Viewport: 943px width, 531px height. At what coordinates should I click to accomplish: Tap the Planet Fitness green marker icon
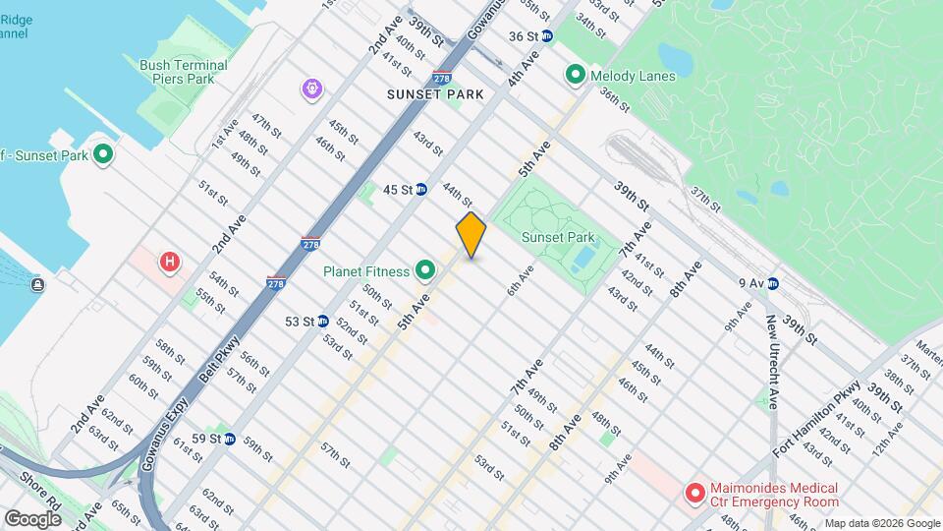click(x=425, y=269)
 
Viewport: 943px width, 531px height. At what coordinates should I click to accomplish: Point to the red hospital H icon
click(x=171, y=262)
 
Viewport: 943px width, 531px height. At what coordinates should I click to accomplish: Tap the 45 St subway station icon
click(x=420, y=189)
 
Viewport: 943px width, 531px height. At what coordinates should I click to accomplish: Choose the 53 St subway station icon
click(x=322, y=321)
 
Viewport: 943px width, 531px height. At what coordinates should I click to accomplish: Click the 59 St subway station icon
click(x=229, y=439)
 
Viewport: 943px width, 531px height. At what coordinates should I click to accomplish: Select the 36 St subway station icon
click(x=547, y=36)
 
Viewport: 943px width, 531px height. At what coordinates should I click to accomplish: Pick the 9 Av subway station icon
click(x=772, y=284)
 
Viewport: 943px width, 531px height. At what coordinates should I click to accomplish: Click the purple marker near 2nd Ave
click(x=312, y=89)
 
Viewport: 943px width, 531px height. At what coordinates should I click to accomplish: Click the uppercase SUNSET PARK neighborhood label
click(x=435, y=94)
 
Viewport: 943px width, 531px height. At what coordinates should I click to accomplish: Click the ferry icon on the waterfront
click(x=37, y=285)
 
